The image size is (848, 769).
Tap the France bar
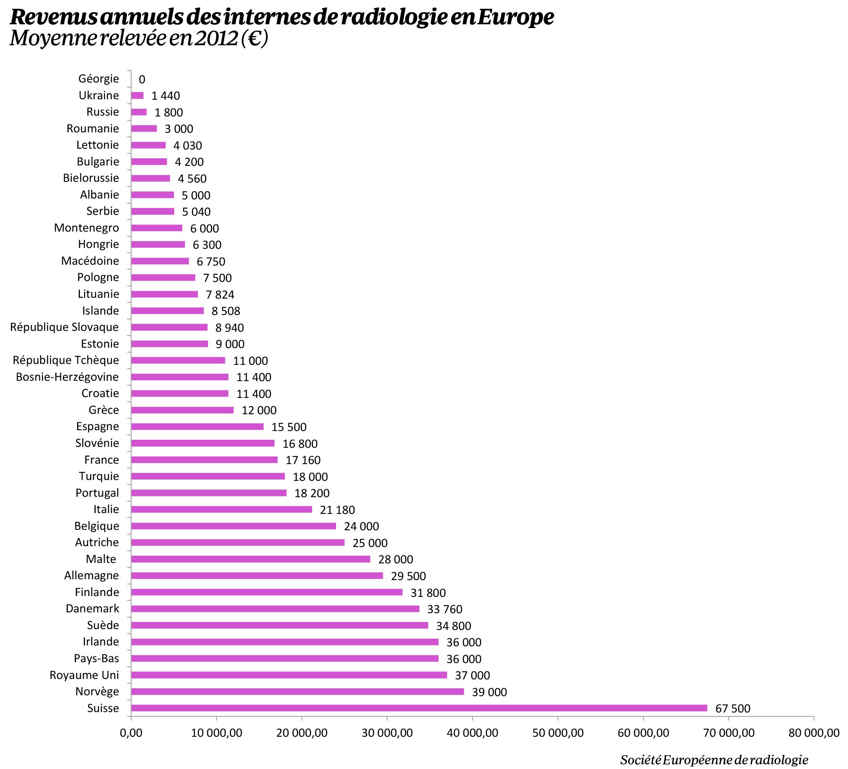coord(204,459)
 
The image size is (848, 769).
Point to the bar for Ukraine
coord(137,95)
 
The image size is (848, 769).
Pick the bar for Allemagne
coord(256,575)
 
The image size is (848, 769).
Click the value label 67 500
coord(733,708)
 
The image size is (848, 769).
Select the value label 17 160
coord(303,460)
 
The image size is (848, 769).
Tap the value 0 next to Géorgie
coord(142,79)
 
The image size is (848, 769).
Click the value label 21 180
coord(337,510)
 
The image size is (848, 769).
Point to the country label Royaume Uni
coord(84,675)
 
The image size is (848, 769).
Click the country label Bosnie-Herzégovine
coord(67,377)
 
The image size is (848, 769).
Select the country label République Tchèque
coord(66,360)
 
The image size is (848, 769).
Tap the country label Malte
coord(101,559)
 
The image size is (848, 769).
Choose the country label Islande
coord(101,311)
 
